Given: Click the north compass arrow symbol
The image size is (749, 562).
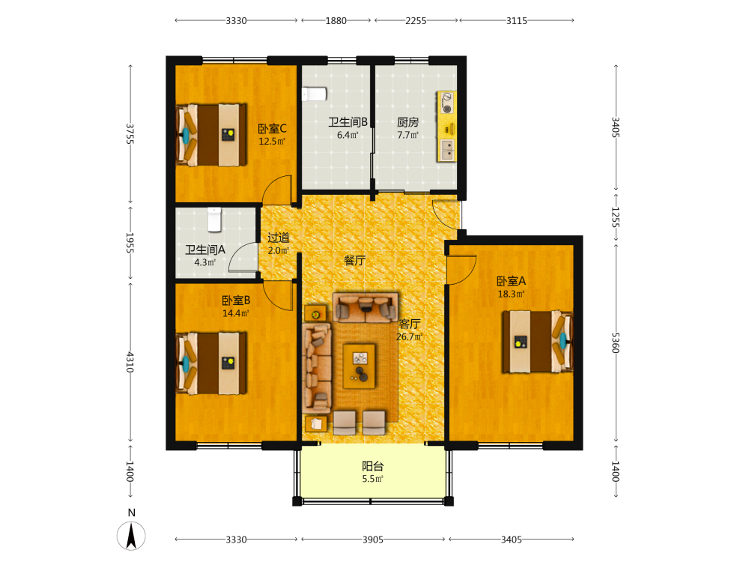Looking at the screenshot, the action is tap(131, 536).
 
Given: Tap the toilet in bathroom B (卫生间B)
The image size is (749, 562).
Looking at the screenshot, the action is tap(315, 94).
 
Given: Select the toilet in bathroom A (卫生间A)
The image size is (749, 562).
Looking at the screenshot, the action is tap(214, 220).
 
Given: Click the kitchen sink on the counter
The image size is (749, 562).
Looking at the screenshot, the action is tap(447, 150).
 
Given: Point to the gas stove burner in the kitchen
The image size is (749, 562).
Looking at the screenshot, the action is tap(446, 103).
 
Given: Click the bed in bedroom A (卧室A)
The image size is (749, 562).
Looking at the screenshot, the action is tap(537, 341).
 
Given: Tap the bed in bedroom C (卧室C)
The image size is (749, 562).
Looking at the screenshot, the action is tap(211, 135).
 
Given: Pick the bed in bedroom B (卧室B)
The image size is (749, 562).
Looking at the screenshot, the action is tap(211, 363).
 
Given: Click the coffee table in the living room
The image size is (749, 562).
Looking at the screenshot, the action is tap(360, 366).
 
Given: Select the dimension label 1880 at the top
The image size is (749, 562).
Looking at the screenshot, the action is tap(336, 20).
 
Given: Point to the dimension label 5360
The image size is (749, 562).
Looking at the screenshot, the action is tap(616, 342).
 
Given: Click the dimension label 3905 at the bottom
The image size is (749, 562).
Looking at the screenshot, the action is tap(372, 540).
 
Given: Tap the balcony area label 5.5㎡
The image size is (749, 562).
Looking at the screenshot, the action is tap(372, 479).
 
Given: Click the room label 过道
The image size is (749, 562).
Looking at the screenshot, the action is tap(279, 238).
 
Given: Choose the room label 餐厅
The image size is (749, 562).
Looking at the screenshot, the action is tap(355, 261).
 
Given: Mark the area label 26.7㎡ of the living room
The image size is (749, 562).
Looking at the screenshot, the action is tap(410, 336).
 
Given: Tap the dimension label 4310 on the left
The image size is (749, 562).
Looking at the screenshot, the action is tap(130, 362).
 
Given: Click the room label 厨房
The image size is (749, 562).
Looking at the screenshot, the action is tap(408, 122).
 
